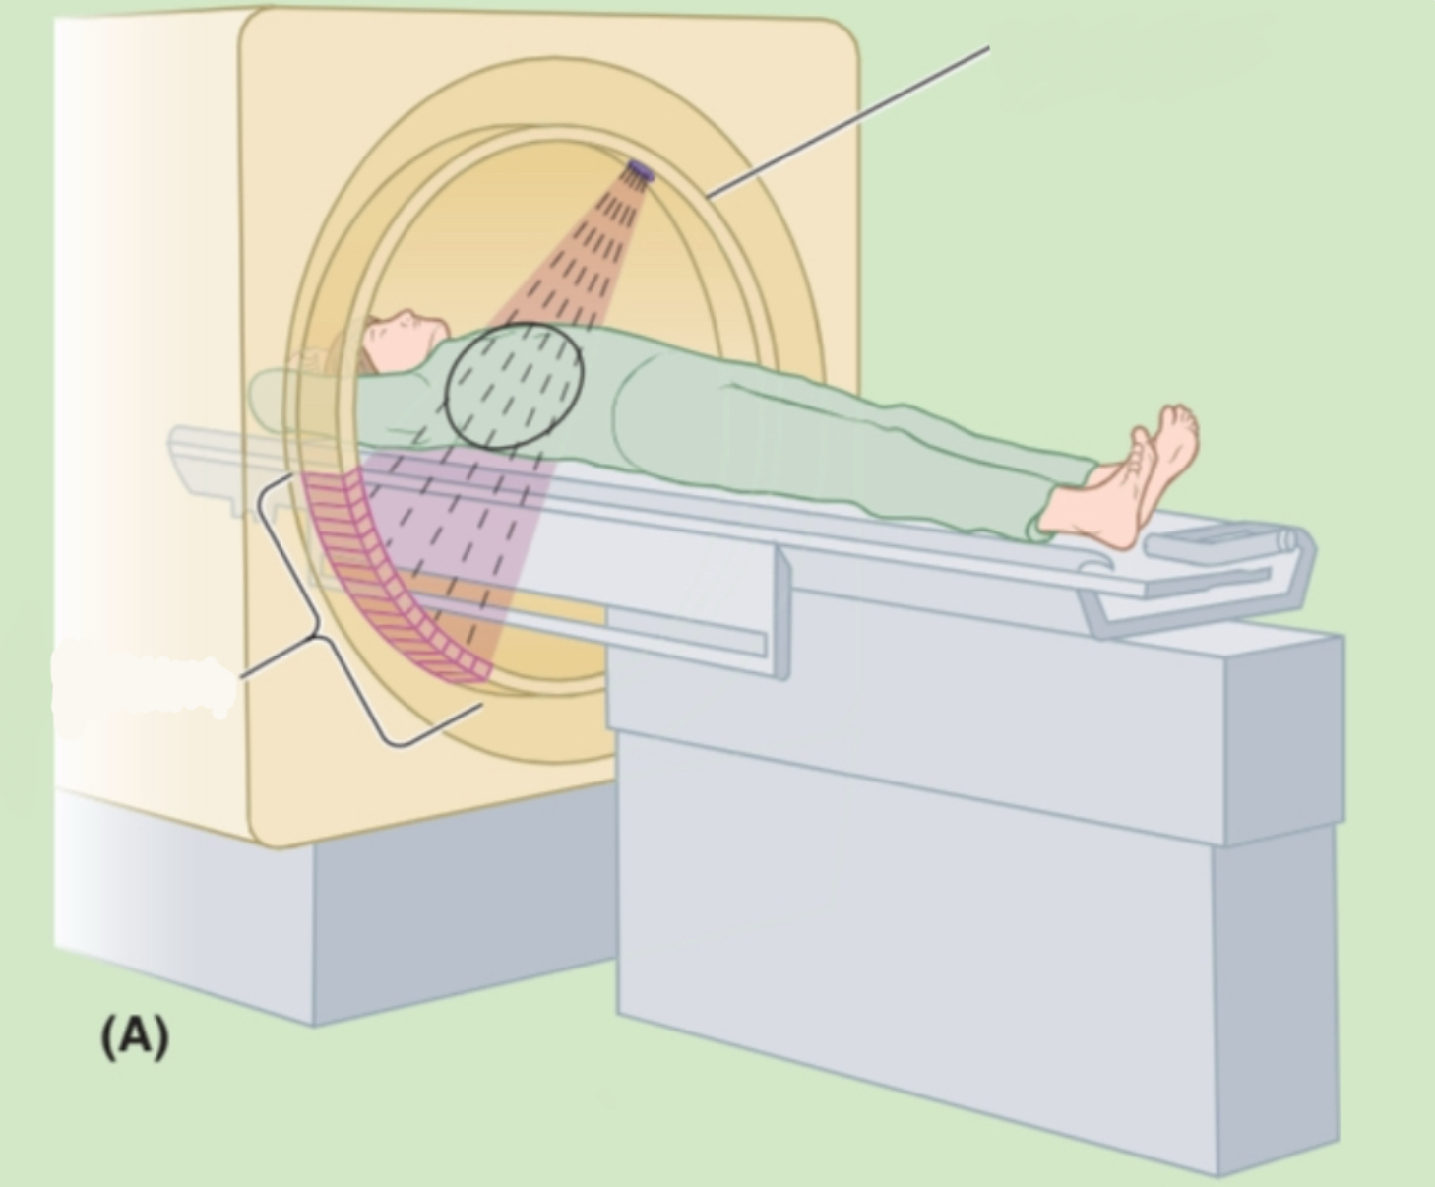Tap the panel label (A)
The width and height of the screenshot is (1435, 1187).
pyautogui.click(x=135, y=1037)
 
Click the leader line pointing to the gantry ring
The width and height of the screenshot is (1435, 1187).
pyautogui.click(x=848, y=122)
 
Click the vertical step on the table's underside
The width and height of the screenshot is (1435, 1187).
pyautogui.click(x=783, y=612)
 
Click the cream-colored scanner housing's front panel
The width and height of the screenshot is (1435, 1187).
pyautogui.click(x=550, y=426)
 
